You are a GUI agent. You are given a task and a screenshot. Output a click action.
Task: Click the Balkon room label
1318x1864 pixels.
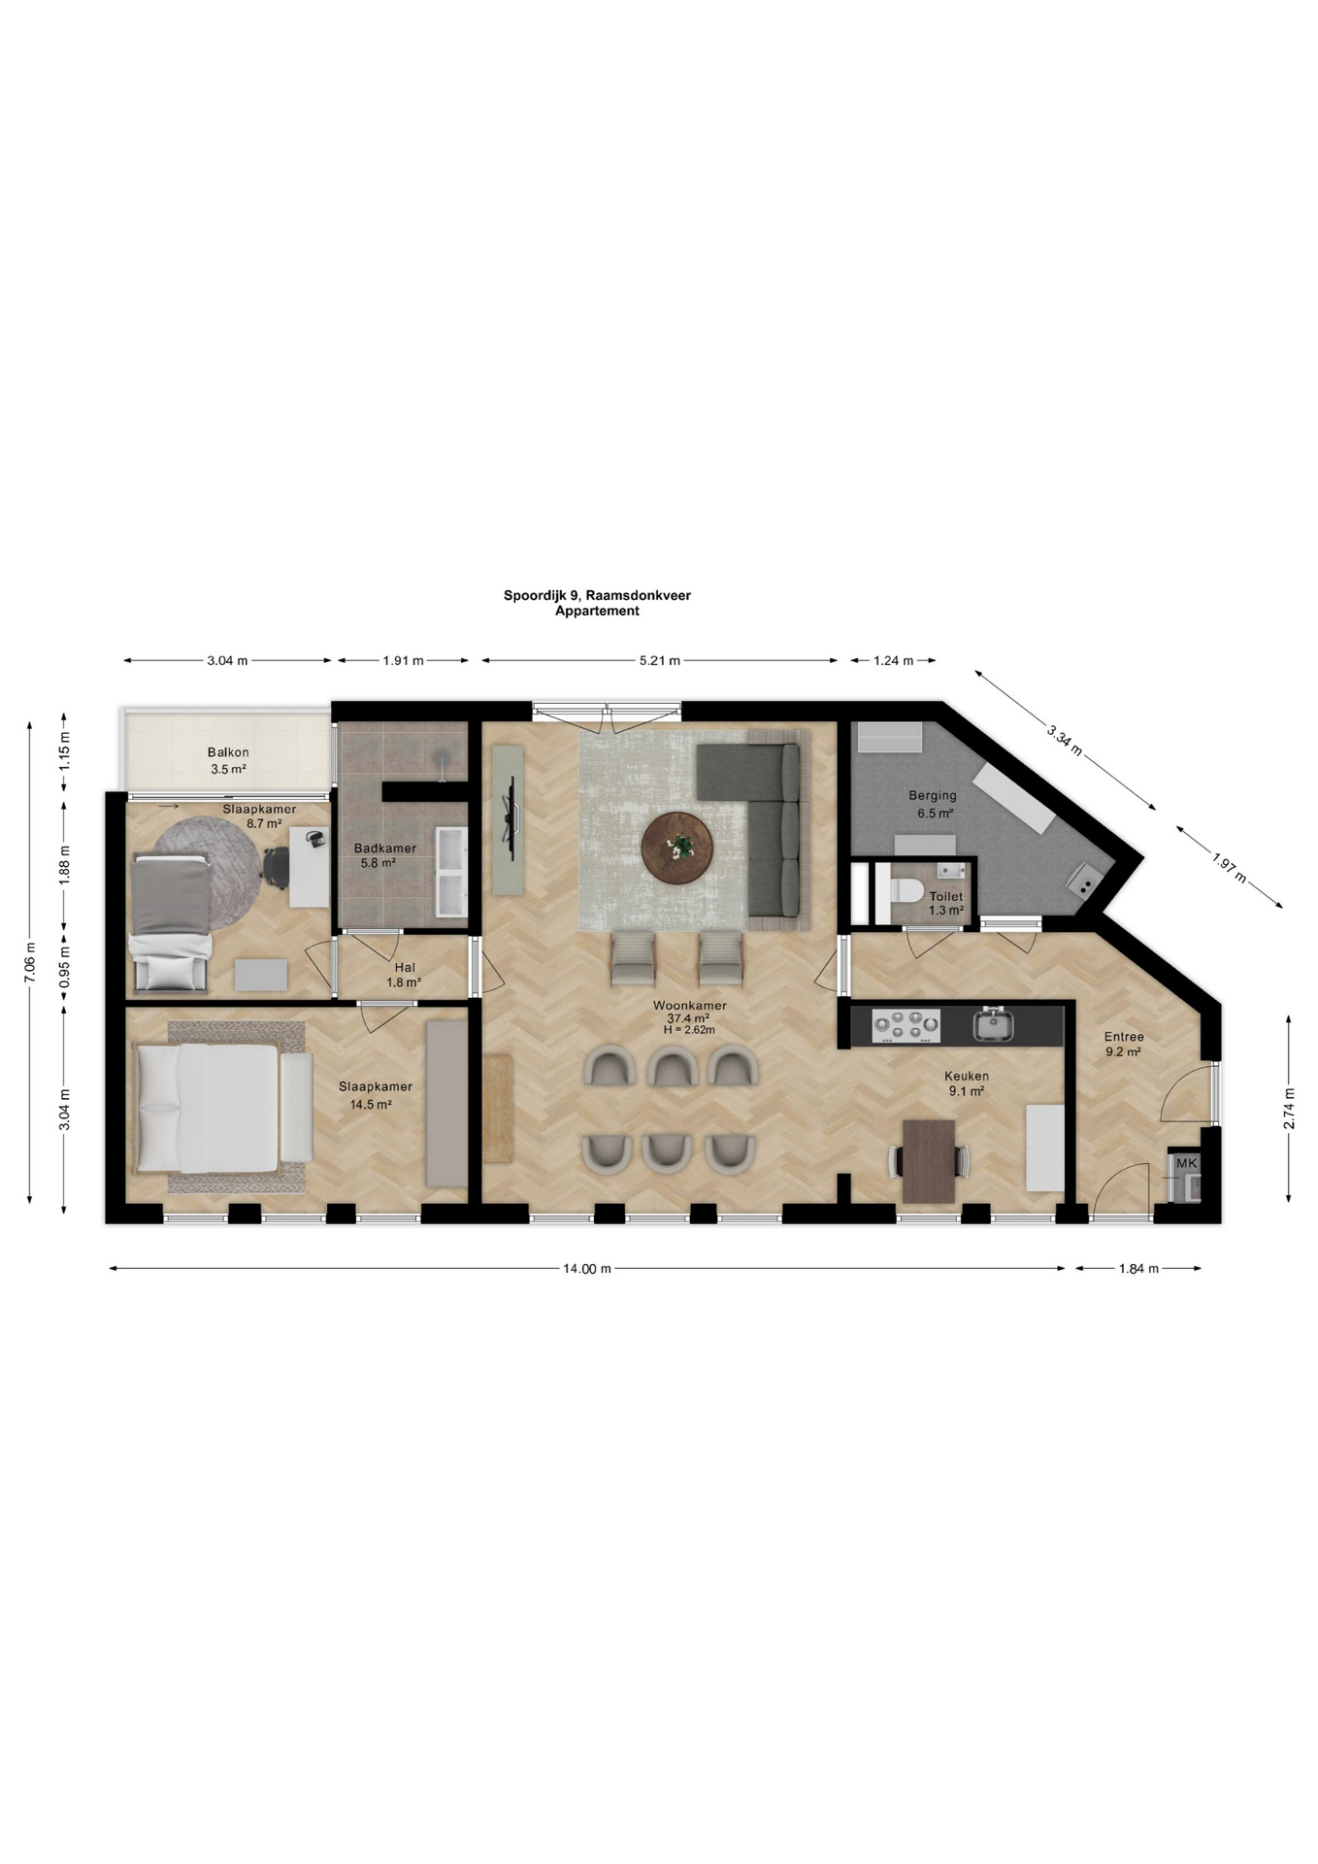coord(228,752)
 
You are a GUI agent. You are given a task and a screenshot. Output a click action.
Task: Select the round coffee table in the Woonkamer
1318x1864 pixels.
coord(677,849)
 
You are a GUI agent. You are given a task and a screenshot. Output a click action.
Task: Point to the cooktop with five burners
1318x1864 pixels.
coord(906,1025)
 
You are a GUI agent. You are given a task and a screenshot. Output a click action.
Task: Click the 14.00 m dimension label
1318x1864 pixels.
coord(587,1268)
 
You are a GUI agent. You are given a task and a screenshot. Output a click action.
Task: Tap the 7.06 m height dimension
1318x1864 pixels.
coord(30,963)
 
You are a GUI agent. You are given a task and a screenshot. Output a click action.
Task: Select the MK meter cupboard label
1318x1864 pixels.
coord(1186,1163)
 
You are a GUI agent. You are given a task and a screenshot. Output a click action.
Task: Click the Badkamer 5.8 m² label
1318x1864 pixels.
coord(384,855)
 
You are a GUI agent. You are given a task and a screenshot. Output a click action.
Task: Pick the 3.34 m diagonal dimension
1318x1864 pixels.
coord(1065,738)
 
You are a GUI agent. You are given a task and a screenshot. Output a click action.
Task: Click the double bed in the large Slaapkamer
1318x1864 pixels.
coord(223,1108)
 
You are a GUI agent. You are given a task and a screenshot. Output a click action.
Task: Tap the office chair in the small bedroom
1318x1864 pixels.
coord(276,866)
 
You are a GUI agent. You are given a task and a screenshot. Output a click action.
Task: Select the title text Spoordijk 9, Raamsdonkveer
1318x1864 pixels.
coord(597,595)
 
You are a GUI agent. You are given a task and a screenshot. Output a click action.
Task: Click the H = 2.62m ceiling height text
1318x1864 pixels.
coord(689,1030)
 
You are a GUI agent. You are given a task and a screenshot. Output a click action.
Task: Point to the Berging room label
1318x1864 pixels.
coord(933,795)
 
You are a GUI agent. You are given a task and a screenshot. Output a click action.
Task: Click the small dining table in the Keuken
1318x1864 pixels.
coord(929,1161)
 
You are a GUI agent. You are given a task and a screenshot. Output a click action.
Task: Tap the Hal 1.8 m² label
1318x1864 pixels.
coord(405,975)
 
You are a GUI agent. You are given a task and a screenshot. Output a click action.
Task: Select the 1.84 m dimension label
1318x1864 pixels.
coord(1139,1268)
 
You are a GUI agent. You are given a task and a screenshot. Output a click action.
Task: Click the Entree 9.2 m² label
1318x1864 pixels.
coord(1124,1044)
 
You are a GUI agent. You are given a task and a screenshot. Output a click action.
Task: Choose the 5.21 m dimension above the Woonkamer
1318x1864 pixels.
coord(660,661)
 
